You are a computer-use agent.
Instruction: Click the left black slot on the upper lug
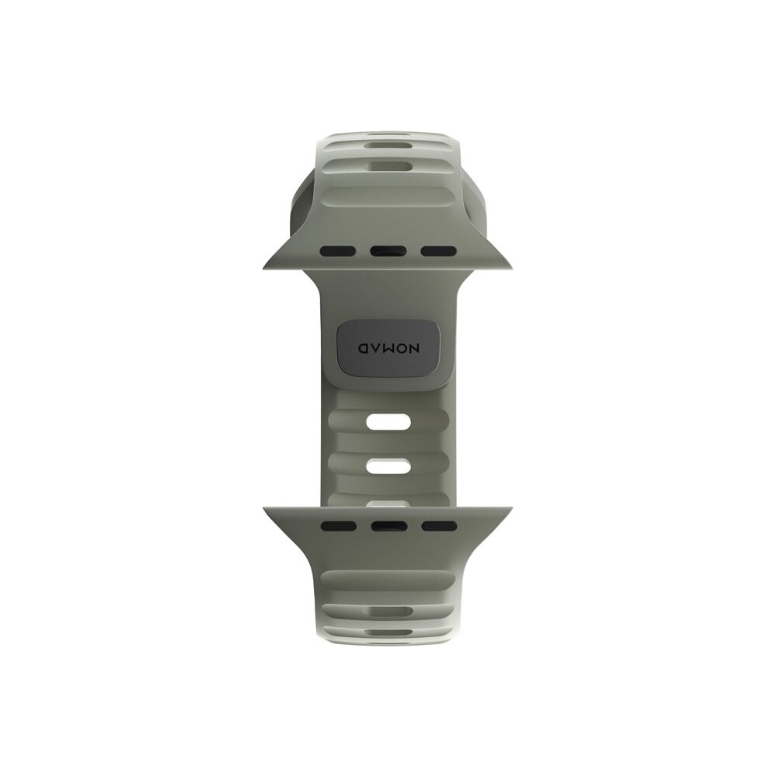[337, 251]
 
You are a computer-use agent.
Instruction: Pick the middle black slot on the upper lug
[388, 251]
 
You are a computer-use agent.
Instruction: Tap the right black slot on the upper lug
[439, 251]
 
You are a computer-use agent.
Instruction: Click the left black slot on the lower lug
[339, 526]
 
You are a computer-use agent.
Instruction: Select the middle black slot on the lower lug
[389, 526]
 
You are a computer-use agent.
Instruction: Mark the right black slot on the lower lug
[440, 526]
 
